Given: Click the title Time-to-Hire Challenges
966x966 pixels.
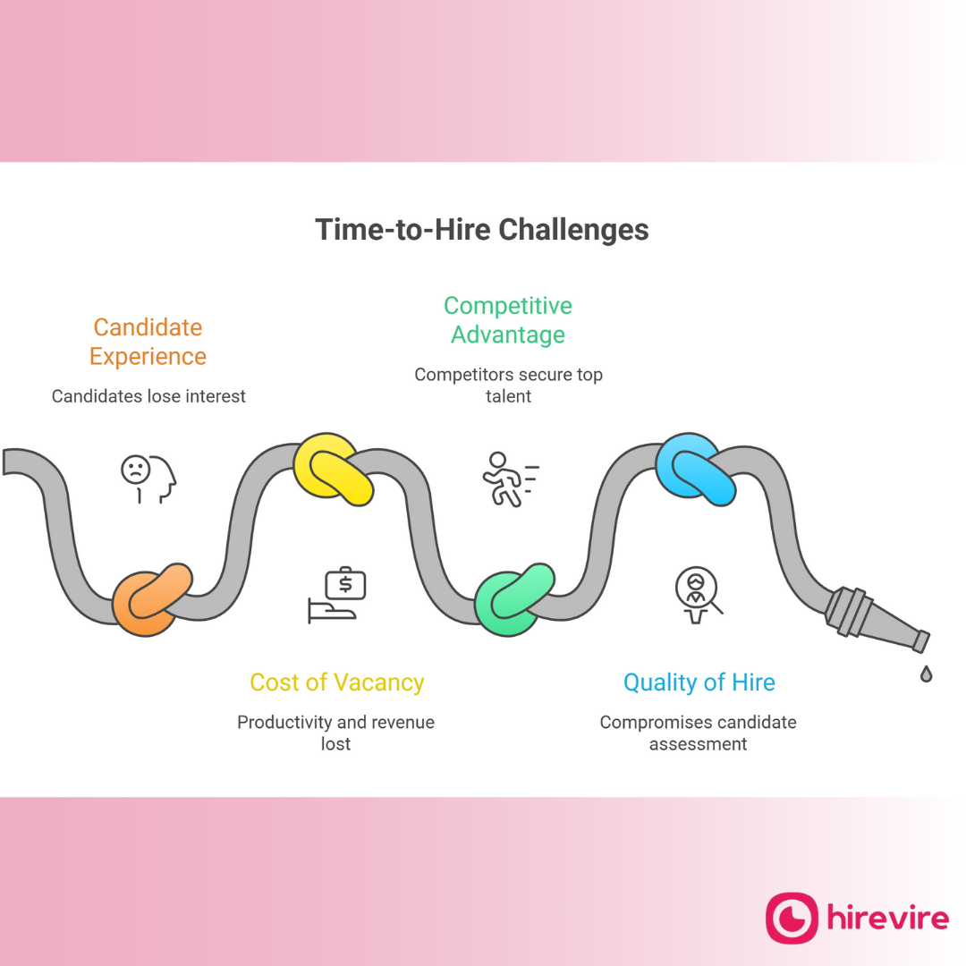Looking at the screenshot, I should pyautogui.click(x=481, y=230).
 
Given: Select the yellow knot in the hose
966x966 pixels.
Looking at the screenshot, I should pyautogui.click(x=333, y=469).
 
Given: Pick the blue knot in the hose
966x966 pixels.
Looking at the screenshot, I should pyautogui.click(x=696, y=469).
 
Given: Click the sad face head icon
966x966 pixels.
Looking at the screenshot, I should pyautogui.click(x=148, y=476).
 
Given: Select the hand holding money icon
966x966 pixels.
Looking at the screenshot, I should pyautogui.click(x=336, y=596).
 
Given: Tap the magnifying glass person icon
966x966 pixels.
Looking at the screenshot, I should pyautogui.click(x=698, y=594).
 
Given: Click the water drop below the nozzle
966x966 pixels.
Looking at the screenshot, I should pyautogui.click(x=926, y=674).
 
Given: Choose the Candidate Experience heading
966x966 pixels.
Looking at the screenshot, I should pyautogui.click(x=148, y=342).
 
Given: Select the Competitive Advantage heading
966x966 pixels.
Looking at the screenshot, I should pyautogui.click(x=507, y=320).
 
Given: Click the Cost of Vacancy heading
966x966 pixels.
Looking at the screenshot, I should pyautogui.click(x=336, y=682).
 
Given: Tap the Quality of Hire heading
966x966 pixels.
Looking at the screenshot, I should pyautogui.click(x=699, y=682).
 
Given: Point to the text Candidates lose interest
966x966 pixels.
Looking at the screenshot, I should pyautogui.click(x=148, y=396).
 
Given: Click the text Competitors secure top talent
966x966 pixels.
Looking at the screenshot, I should pyautogui.click(x=508, y=385).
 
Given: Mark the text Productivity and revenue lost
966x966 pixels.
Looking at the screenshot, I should pyautogui.click(x=335, y=732).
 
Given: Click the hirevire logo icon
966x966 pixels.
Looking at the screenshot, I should pyautogui.click(x=792, y=918).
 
